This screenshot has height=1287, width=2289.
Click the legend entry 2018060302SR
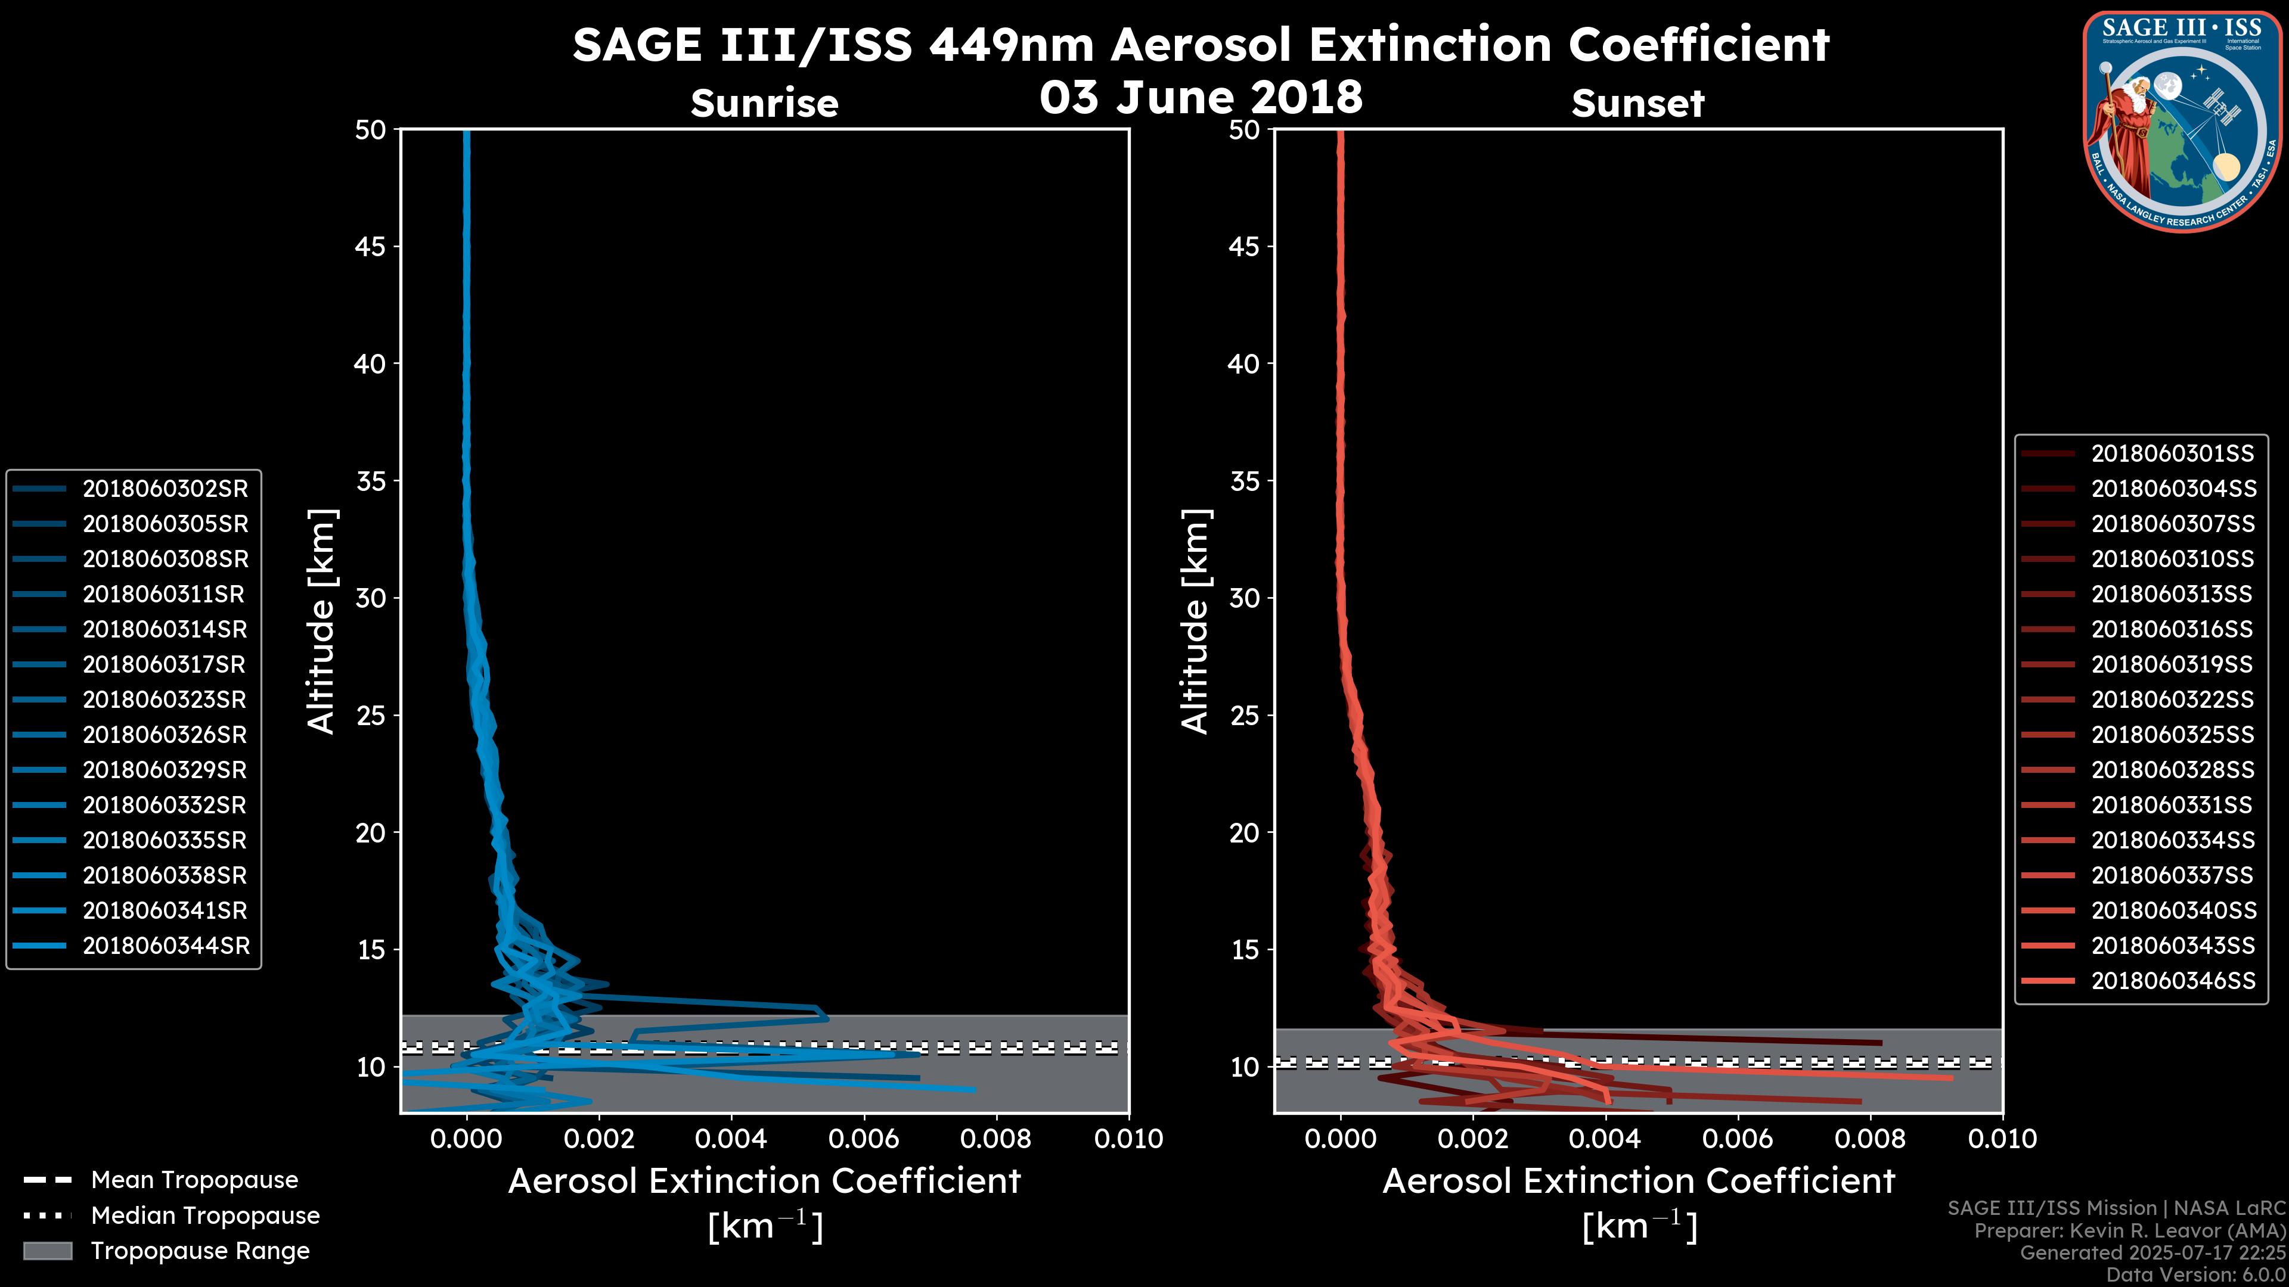pos(165,489)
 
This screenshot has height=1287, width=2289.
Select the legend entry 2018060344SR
pos(166,946)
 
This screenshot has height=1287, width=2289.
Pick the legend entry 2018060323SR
pos(165,700)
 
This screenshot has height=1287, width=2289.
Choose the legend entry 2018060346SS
pos(2173,981)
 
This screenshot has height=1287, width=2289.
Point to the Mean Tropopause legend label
pos(194,1180)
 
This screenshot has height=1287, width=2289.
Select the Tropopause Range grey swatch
pos(47,1251)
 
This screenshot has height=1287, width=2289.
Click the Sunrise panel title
pos(764,103)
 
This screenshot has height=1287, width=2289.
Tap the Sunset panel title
pos(1637,103)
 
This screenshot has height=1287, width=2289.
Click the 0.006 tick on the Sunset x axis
pos(1738,1139)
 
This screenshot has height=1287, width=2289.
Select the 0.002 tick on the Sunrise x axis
pos(599,1139)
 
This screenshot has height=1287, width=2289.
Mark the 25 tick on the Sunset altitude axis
pos(1244,715)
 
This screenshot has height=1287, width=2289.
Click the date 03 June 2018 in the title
pos(1201,96)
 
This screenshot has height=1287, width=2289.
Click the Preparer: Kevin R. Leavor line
pos(2129,1230)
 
